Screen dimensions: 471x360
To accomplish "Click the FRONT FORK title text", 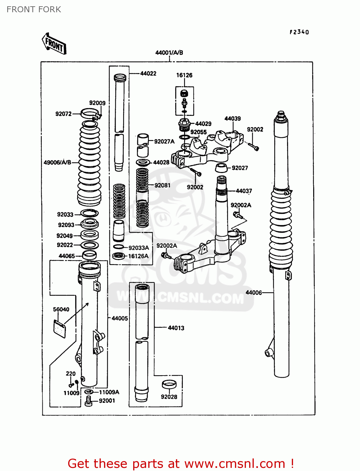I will coord(34,9).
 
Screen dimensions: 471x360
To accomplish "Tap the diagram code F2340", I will coord(299,32).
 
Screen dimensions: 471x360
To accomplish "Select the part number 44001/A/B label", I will coord(169,53).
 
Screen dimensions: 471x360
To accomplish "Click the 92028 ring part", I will coord(169,385).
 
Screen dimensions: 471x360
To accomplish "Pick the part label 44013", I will coord(176,328).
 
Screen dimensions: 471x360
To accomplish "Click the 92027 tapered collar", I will coord(221,168).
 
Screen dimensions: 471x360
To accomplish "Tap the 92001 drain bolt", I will coord(89,401).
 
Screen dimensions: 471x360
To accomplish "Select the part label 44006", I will coord(254,293).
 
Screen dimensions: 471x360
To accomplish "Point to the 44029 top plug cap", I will coord(184,126).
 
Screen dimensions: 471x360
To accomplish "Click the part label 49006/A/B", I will coord(57,162).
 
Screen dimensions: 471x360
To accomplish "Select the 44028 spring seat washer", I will coord(143,163).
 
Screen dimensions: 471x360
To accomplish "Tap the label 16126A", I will coord(138,256).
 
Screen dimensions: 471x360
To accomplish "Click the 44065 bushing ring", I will coord(89,255).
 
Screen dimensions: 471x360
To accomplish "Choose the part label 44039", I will coord(232,119).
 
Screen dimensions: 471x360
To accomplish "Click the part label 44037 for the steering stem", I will coord(244,191).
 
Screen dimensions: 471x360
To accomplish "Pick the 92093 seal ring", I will coord(90,224).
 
